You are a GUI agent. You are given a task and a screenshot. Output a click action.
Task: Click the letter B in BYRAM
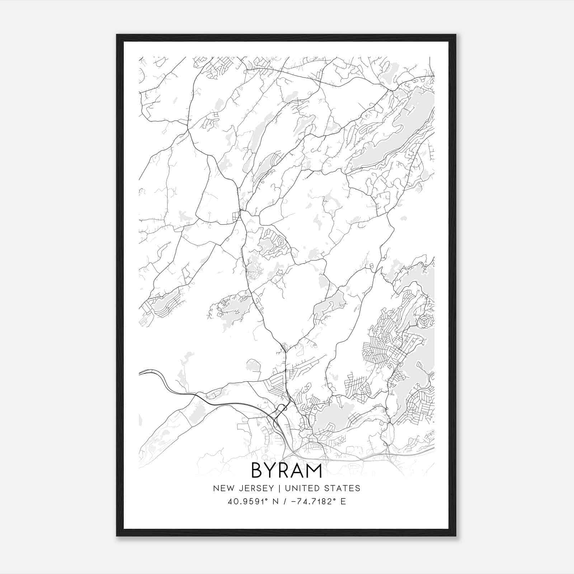(x=258, y=470)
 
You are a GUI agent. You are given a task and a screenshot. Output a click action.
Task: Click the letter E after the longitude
(x=343, y=502)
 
